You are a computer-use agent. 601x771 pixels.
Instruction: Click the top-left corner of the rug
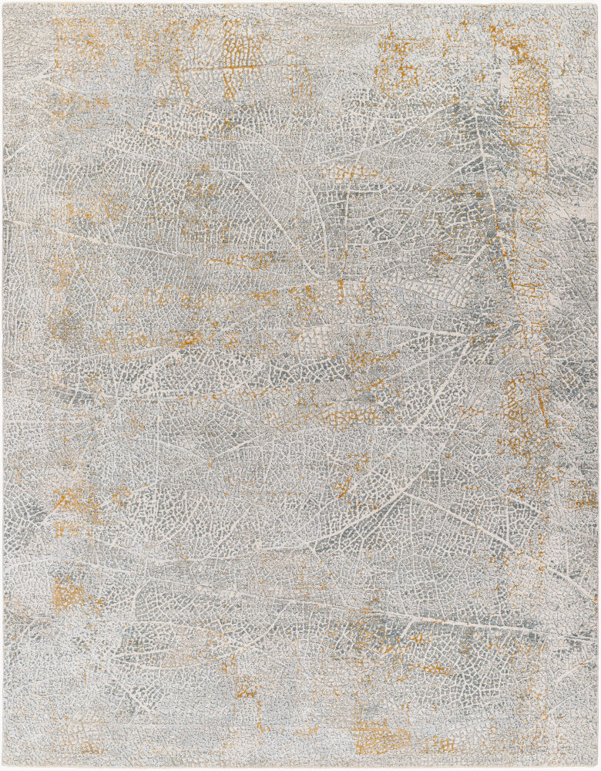pyautogui.click(x=3, y=3)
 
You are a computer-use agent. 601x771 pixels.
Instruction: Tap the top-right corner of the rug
pyautogui.click(x=598, y=3)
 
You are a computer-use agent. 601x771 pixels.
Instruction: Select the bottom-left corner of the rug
pyautogui.click(x=3, y=768)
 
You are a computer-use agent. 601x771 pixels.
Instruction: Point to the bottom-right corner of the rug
pyautogui.click(x=598, y=768)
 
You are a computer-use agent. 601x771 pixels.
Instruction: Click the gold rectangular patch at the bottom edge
pyautogui.click(x=381, y=736)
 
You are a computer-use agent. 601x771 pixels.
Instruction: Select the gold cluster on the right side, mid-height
pyautogui.click(x=528, y=416)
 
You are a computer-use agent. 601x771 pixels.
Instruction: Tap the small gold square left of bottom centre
pyautogui.click(x=247, y=686)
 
